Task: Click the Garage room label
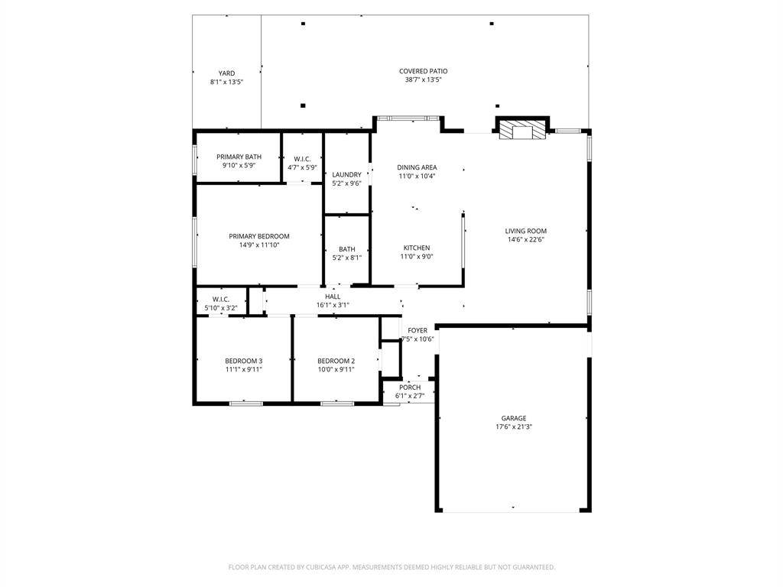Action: click(514, 418)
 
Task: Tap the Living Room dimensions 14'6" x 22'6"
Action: click(526, 239)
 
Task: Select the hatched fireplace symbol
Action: click(523, 130)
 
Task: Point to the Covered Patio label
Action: click(424, 71)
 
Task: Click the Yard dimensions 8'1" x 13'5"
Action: click(226, 82)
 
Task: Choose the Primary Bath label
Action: click(239, 157)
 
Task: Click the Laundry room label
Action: click(346, 175)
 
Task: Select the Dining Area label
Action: click(417, 167)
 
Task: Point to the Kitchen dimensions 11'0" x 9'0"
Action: click(417, 257)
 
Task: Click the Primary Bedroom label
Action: click(259, 236)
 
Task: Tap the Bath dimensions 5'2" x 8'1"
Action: click(346, 258)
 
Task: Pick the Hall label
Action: click(333, 297)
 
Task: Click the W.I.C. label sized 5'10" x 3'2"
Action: click(221, 300)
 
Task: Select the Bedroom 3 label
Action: click(244, 361)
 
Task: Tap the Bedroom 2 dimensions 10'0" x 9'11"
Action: click(336, 370)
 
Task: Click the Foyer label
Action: click(417, 330)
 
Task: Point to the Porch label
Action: click(410, 388)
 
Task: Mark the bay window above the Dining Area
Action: click(408, 118)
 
